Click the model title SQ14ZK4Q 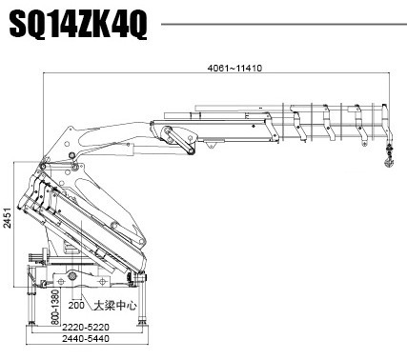click(78, 26)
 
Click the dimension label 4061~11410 click(234, 67)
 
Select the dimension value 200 click(77, 306)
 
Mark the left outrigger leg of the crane click(32, 290)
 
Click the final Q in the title click(137, 26)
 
